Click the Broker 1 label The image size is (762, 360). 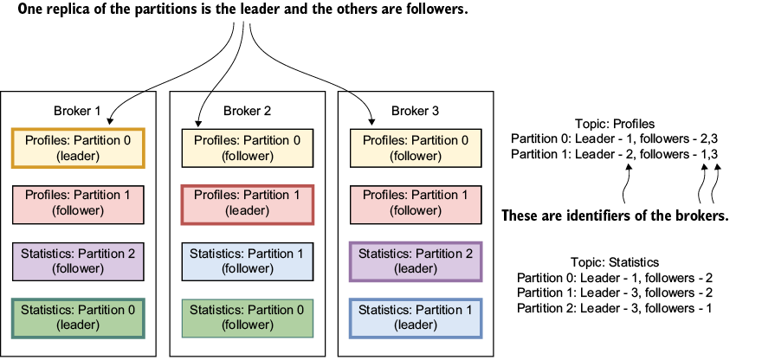[x=77, y=112]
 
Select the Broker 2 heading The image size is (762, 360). [x=248, y=112]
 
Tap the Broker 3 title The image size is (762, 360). [x=416, y=112]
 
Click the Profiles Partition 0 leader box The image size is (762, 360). [x=78, y=148]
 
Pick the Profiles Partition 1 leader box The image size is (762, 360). [x=248, y=204]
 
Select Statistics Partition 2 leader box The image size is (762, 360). [x=416, y=261]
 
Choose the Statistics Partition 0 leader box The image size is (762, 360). [x=78, y=318]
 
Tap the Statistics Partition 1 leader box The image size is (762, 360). [x=416, y=318]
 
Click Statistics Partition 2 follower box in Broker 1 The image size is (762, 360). [x=78, y=261]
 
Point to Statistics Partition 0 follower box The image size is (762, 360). [x=248, y=318]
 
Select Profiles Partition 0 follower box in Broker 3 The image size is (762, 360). [x=416, y=148]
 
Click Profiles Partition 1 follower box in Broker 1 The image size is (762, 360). [x=78, y=204]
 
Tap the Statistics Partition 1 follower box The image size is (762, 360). [x=248, y=261]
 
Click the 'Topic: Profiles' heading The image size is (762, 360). [x=615, y=124]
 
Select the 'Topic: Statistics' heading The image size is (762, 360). [x=615, y=263]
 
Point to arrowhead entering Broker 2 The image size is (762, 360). [x=198, y=122]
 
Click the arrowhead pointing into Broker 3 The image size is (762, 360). [x=372, y=121]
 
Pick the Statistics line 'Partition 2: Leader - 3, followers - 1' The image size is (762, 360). [x=615, y=308]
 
